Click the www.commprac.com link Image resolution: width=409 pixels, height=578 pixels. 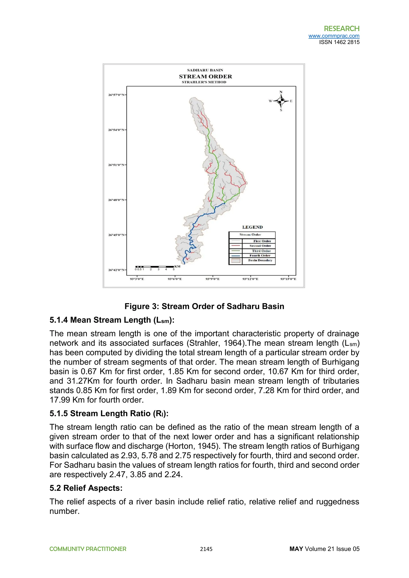pos(334,36)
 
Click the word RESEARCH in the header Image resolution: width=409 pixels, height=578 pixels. pos(341,29)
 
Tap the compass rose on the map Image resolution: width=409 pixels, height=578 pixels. pos(281,101)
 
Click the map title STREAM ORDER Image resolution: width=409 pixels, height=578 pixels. pos(205,76)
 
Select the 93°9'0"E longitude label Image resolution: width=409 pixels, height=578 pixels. pos(212,279)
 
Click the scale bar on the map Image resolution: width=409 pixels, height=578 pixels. pos(154,266)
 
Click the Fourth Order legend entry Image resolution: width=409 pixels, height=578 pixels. pos(260,255)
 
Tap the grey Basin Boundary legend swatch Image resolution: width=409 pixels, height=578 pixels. pos(235,260)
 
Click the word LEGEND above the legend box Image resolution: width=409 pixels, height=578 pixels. pos(252,227)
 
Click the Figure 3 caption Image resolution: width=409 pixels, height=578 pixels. pos(204,306)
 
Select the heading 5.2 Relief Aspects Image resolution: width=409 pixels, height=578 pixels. pos(86,488)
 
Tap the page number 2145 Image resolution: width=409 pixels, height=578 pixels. pos(206,549)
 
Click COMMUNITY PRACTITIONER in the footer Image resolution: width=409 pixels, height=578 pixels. pos(88,549)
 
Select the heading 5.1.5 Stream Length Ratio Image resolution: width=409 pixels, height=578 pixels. pos(109,413)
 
